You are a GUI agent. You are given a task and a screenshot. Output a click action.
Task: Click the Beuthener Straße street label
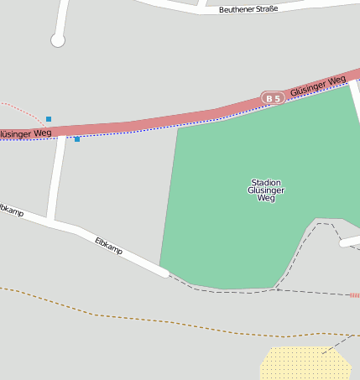(248, 9)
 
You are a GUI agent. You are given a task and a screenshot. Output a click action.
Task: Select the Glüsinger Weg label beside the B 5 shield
(318, 86)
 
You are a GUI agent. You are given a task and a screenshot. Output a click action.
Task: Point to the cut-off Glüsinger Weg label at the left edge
(25, 133)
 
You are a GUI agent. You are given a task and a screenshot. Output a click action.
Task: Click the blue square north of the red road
(49, 119)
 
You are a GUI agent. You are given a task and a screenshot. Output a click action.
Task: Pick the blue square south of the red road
(77, 139)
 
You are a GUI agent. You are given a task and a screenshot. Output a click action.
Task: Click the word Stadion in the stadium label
(266, 182)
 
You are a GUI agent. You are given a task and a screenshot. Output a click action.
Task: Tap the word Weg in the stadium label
(266, 199)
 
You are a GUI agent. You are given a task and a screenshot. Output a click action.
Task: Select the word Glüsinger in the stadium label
(266, 190)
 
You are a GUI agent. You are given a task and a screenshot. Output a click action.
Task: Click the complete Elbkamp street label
(109, 246)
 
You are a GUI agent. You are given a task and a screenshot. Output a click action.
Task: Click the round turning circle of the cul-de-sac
(58, 39)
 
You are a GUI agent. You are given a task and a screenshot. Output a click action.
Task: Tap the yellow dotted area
(304, 364)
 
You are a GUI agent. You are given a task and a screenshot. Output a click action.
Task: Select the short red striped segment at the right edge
(354, 295)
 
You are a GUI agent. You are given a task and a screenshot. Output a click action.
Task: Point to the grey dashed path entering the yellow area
(336, 343)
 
